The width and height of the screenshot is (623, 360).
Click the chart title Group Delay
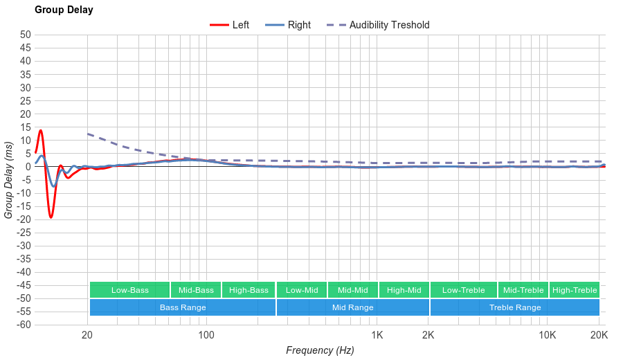pos(64,10)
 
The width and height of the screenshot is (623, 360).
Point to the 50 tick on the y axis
pos(26,35)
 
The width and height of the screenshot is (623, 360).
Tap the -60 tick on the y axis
pos(23,325)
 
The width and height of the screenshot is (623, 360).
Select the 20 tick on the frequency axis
pos(87,336)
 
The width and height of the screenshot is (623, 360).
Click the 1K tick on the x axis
pos(377,336)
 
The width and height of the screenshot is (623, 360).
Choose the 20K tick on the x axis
pos(599,336)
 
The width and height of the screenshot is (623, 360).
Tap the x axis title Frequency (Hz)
pos(320,350)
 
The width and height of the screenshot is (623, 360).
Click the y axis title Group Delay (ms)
pos(9,180)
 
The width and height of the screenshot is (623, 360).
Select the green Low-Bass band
pos(129,290)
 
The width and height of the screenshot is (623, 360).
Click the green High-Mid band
pos(404,290)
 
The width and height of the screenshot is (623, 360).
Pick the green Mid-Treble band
pos(523,290)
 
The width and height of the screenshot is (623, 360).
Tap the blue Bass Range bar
pos(183,307)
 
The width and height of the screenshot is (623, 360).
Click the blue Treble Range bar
pos(515,307)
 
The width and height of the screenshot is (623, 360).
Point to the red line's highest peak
pos(41,130)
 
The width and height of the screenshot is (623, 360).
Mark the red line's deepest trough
pos(51,217)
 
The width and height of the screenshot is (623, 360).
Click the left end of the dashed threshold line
pos(88,134)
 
